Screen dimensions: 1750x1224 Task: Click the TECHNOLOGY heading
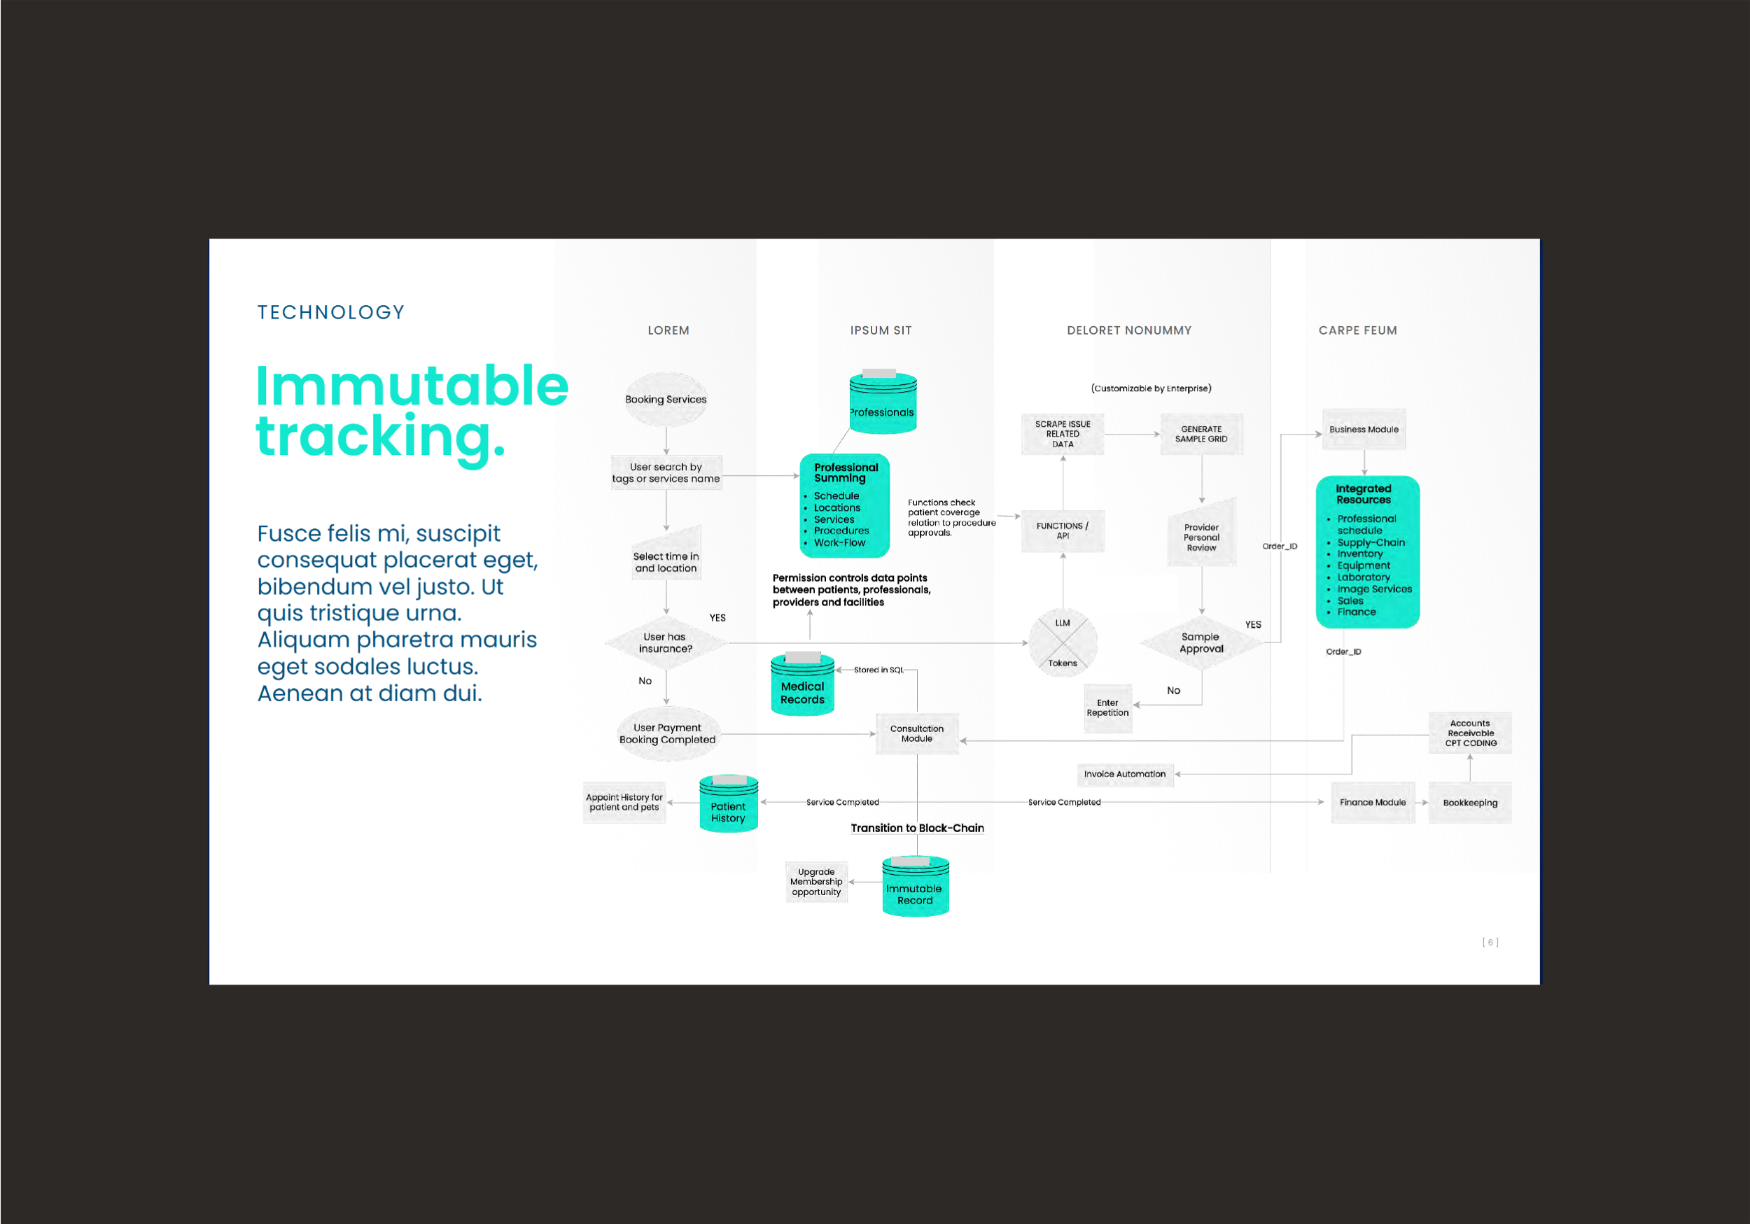tap(331, 313)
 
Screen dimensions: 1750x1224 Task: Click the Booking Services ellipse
tap(666, 400)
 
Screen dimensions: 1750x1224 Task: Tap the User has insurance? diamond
tap(666, 642)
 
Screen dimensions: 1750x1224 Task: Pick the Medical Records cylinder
tap(803, 686)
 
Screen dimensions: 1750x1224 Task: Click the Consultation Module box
tap(917, 734)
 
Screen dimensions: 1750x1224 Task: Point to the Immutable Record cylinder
tap(916, 888)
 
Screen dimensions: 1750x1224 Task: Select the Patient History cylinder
tap(729, 806)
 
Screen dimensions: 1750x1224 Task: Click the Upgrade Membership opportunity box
tap(816, 882)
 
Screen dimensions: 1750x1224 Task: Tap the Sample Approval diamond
tap(1201, 642)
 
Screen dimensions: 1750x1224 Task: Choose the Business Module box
tap(1364, 430)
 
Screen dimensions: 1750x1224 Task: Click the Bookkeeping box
tap(1469, 803)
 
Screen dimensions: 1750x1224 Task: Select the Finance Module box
tap(1373, 803)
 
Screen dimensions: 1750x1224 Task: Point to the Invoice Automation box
tap(1125, 774)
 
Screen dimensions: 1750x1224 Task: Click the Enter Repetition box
tap(1107, 708)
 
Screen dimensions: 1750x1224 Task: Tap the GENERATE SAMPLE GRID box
tap(1201, 435)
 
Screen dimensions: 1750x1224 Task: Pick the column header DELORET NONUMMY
tap(1129, 331)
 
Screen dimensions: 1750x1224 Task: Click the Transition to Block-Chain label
tap(917, 829)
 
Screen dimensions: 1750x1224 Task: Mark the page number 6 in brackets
tap(1490, 943)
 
